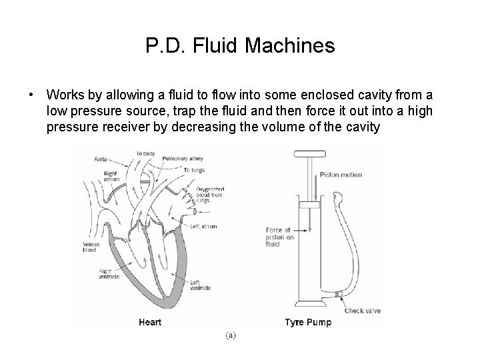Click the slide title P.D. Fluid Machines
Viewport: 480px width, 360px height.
239,46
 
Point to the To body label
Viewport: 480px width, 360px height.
145,153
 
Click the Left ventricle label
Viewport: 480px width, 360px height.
200,285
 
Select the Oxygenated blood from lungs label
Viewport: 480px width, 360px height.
209,194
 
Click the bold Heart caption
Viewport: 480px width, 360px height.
149,323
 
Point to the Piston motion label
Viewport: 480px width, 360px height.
341,175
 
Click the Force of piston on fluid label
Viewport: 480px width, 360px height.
279,235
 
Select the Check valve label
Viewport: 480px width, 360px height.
363,311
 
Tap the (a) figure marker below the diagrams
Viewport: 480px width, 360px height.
230,335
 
